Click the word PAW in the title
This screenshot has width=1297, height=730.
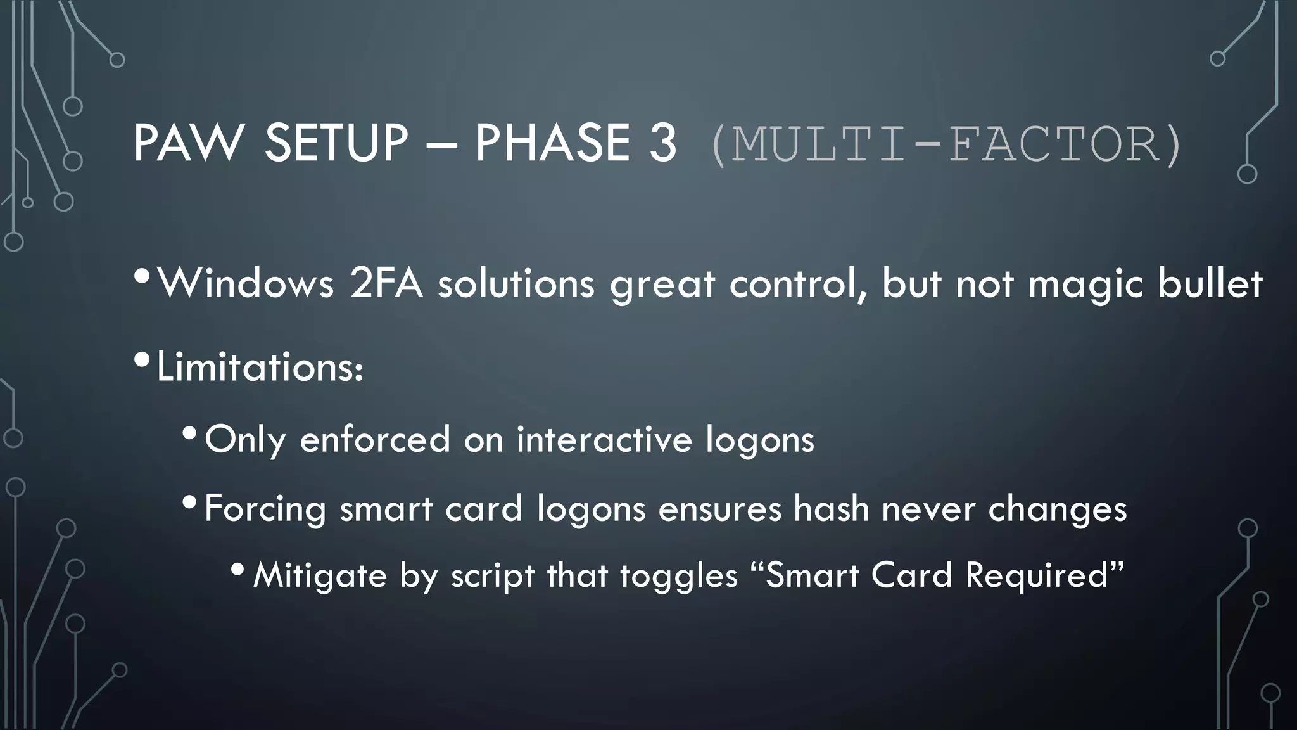(188, 143)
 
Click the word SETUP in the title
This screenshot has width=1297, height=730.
(336, 143)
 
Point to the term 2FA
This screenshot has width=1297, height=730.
(386, 283)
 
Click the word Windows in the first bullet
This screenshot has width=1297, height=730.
(246, 283)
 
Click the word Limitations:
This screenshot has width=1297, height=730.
(260, 367)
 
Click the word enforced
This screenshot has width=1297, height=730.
(374, 439)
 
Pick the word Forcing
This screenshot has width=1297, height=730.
(265, 509)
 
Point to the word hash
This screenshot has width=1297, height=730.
(831, 508)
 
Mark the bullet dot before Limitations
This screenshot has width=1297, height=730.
(142, 361)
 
